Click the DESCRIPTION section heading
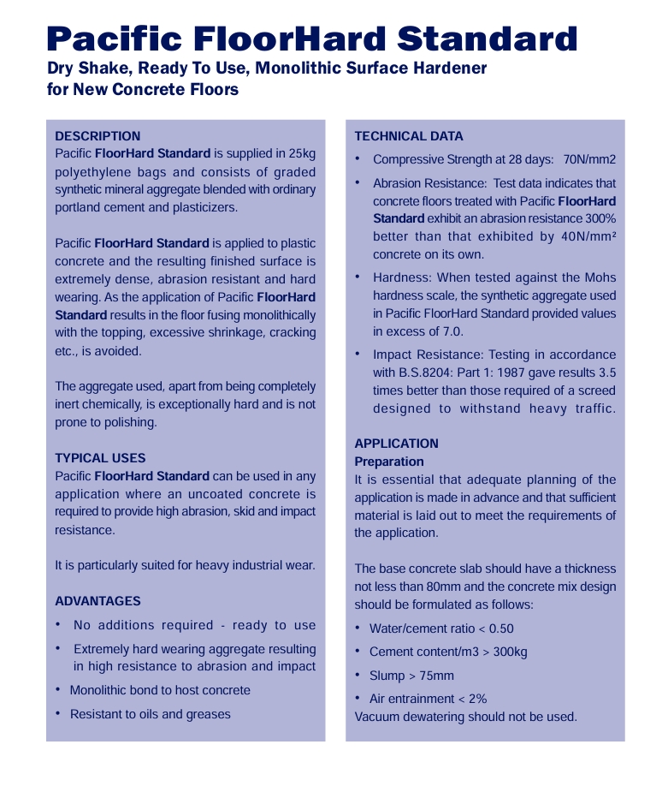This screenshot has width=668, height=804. point(98,136)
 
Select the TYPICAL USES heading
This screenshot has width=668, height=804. point(100,458)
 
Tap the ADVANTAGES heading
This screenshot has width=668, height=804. point(98,601)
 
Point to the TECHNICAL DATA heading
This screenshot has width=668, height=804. point(409,136)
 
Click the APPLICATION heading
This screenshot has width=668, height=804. point(396,444)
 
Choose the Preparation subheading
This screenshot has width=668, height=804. point(389,462)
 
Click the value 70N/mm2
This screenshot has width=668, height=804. point(589,160)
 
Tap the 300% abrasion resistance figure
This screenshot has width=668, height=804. point(598,219)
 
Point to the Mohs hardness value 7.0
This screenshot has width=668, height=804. point(453,331)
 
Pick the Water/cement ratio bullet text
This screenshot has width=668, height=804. point(441,628)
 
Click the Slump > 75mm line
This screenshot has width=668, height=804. point(411,676)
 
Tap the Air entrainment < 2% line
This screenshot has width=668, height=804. point(428,699)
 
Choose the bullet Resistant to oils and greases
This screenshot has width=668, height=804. point(150,714)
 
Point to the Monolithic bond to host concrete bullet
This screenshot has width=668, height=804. point(160,690)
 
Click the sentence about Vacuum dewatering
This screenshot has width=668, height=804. point(465,717)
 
